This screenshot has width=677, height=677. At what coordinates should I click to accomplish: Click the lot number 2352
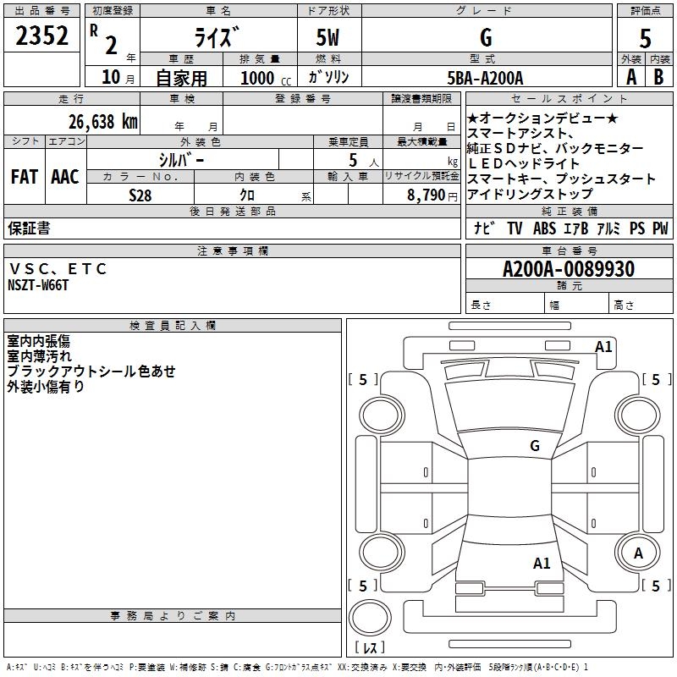point(42,36)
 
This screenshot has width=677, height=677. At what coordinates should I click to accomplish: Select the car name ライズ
point(218,36)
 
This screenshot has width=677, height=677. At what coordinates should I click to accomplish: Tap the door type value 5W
point(328,37)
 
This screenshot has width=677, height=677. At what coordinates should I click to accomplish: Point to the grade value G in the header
point(485,37)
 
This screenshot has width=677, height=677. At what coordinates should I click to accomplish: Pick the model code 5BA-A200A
point(485,78)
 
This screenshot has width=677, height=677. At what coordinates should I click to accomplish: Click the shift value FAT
point(24,177)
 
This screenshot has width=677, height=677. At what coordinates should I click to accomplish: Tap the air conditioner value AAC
point(64,177)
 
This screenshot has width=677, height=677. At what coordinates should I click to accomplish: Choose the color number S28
point(140,195)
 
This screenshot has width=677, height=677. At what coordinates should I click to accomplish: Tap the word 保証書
point(29,228)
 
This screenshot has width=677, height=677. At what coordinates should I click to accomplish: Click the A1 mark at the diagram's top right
point(603,345)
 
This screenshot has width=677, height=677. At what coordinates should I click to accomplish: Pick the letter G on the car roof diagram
point(534,445)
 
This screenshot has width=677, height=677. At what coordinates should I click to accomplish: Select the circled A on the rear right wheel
point(638,553)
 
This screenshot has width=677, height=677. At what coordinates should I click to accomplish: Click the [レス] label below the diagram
point(369,648)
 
